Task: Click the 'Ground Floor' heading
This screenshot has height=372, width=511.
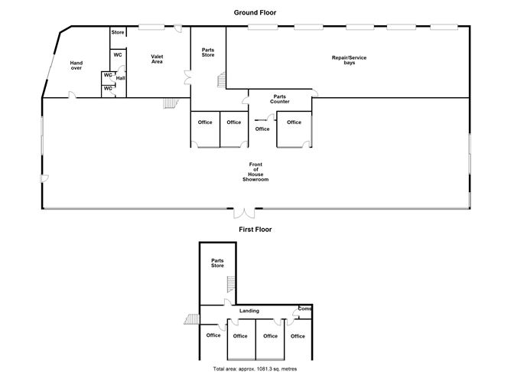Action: click(x=255, y=13)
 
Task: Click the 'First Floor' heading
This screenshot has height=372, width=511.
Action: click(x=255, y=229)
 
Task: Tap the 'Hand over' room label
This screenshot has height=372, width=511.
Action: click(x=76, y=65)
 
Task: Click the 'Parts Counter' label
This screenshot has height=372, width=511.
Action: click(x=280, y=99)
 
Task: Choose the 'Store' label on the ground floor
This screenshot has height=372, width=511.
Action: click(x=118, y=32)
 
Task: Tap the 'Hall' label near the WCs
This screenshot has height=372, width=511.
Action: click(x=121, y=77)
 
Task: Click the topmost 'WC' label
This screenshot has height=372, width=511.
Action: click(x=119, y=54)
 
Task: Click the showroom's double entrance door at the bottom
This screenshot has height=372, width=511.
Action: click(x=244, y=210)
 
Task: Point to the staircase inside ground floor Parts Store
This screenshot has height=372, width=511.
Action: click(x=223, y=80)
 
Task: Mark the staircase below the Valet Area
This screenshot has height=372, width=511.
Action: click(x=171, y=103)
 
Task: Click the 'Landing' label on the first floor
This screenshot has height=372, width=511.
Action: click(x=249, y=311)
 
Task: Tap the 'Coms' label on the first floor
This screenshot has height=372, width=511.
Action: click(x=304, y=308)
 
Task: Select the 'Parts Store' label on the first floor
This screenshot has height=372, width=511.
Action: click(x=218, y=263)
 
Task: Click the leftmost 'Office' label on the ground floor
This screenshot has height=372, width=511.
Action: click(x=205, y=122)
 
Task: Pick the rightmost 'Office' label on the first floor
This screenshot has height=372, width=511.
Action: click(x=298, y=336)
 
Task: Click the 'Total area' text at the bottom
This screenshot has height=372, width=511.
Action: click(x=255, y=368)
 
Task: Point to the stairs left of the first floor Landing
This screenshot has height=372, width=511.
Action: click(x=191, y=320)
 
